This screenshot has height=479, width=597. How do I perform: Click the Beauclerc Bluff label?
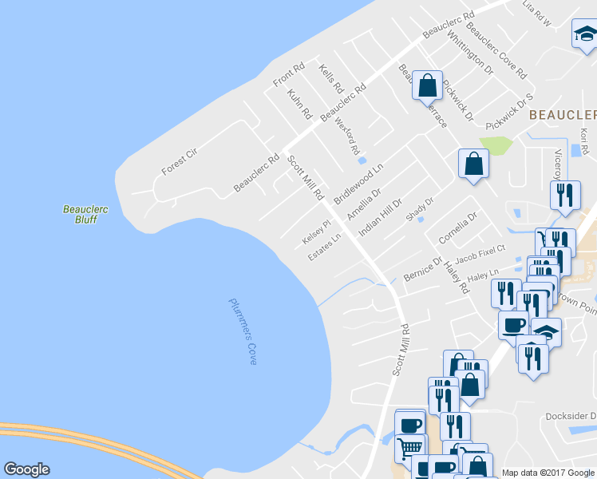coord(85,214)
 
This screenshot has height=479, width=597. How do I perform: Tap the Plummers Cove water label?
coord(243,331)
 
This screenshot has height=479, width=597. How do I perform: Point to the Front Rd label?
coord(289,75)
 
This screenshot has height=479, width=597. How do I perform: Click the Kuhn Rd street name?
coord(298,104)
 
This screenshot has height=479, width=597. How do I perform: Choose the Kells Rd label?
coord(330,79)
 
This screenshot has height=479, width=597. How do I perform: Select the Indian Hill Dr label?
coord(380,216)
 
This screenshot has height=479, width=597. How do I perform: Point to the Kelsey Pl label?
coord(316,233)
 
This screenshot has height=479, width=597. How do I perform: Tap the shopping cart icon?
coord(409,447)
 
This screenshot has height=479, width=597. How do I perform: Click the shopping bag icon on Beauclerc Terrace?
coord(428,84)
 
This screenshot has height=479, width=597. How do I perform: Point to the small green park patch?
coord(496,146)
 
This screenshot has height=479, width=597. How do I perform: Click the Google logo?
coord(26,469)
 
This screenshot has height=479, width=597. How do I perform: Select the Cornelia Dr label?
coord(457,228)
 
